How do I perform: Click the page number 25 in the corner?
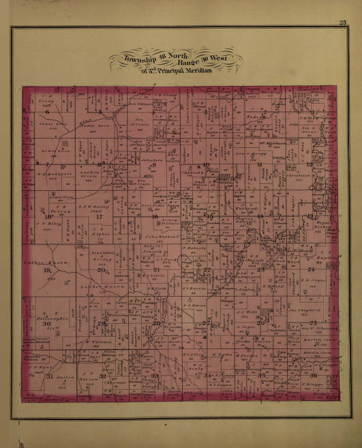click(x=342, y=24)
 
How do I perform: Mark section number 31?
click(x=48, y=376)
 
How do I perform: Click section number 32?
click(x=102, y=376)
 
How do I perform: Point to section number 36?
click(x=313, y=376)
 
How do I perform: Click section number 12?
click(x=310, y=164)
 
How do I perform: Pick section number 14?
click(x=260, y=217)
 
